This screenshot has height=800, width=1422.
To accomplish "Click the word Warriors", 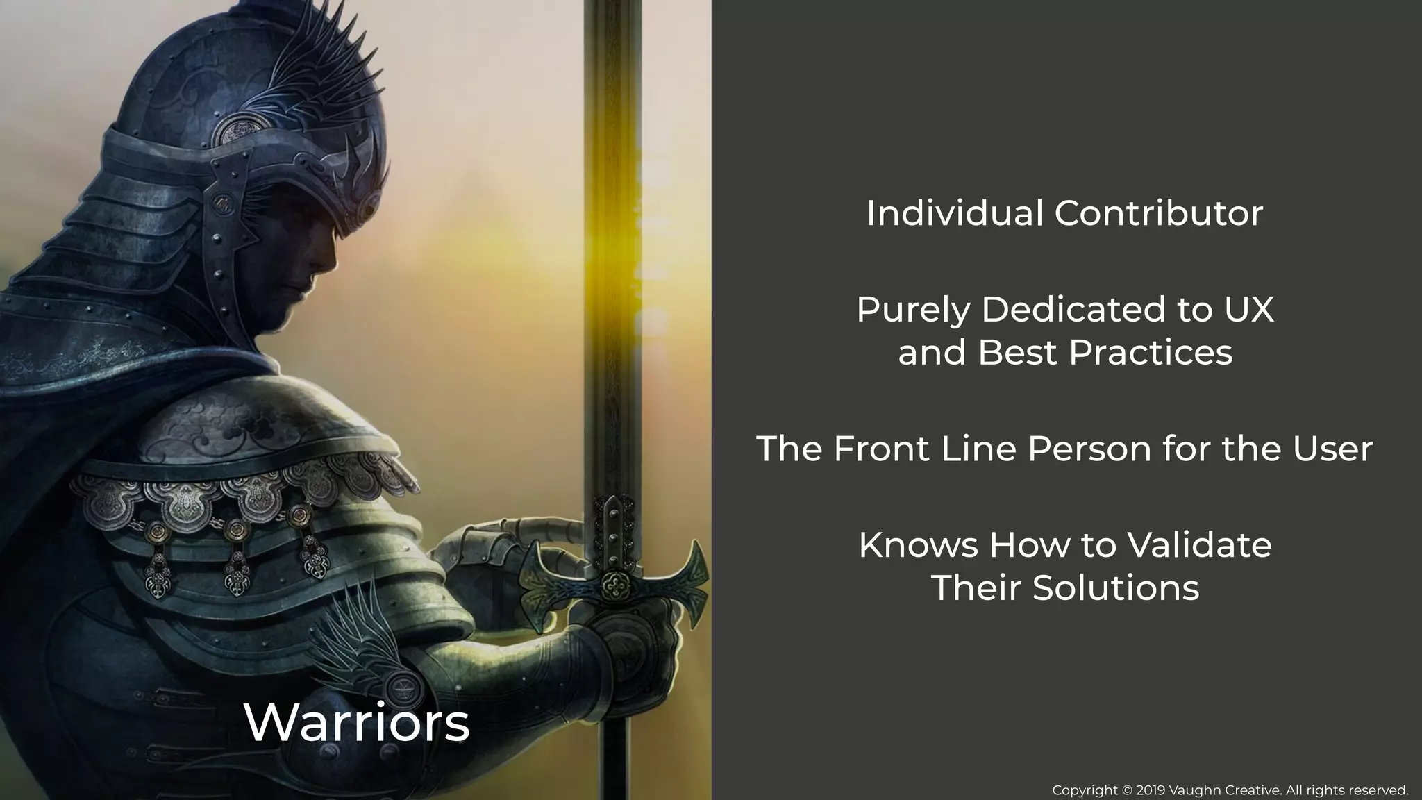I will pyautogui.click(x=357, y=723).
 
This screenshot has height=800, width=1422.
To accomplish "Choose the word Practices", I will pyautogui.click(x=1151, y=352).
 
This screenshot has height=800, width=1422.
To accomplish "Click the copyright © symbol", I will pyautogui.click(x=1127, y=790).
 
